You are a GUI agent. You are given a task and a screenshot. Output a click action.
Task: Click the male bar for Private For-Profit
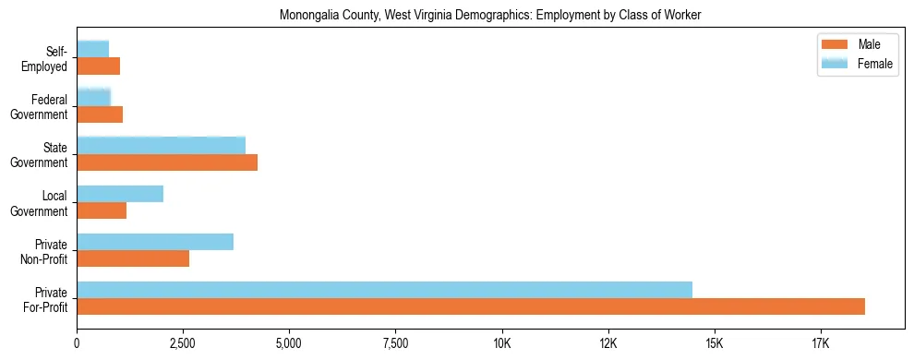point(471,306)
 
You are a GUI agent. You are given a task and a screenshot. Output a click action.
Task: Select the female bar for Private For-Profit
point(384,290)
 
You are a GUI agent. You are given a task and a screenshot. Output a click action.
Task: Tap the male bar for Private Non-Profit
point(133,258)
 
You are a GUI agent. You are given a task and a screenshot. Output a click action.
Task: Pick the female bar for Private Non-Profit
point(155,242)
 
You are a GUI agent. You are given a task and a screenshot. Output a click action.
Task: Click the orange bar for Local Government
point(102,210)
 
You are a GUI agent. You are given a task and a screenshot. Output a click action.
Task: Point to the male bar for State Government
point(167,162)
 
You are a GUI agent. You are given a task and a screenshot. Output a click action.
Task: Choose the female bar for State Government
point(162,146)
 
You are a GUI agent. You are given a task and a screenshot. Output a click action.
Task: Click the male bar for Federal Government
point(100,114)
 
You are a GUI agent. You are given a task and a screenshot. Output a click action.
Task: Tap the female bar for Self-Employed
point(93,49)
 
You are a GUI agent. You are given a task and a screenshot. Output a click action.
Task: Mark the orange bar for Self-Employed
point(99,66)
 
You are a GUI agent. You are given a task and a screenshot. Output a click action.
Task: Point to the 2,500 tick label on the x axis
point(183,344)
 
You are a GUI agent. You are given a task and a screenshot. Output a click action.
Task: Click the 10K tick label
point(501,344)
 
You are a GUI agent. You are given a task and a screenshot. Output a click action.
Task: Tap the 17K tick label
point(820,344)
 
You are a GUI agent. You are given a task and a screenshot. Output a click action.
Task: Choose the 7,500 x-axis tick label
point(395,344)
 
